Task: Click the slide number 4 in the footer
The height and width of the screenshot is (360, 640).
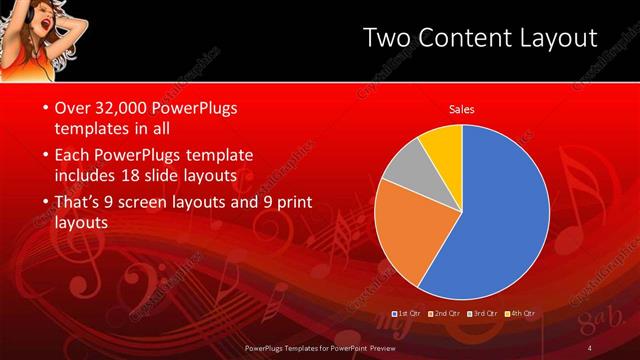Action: click(591, 347)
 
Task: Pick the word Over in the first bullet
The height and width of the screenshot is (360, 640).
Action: click(71, 107)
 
